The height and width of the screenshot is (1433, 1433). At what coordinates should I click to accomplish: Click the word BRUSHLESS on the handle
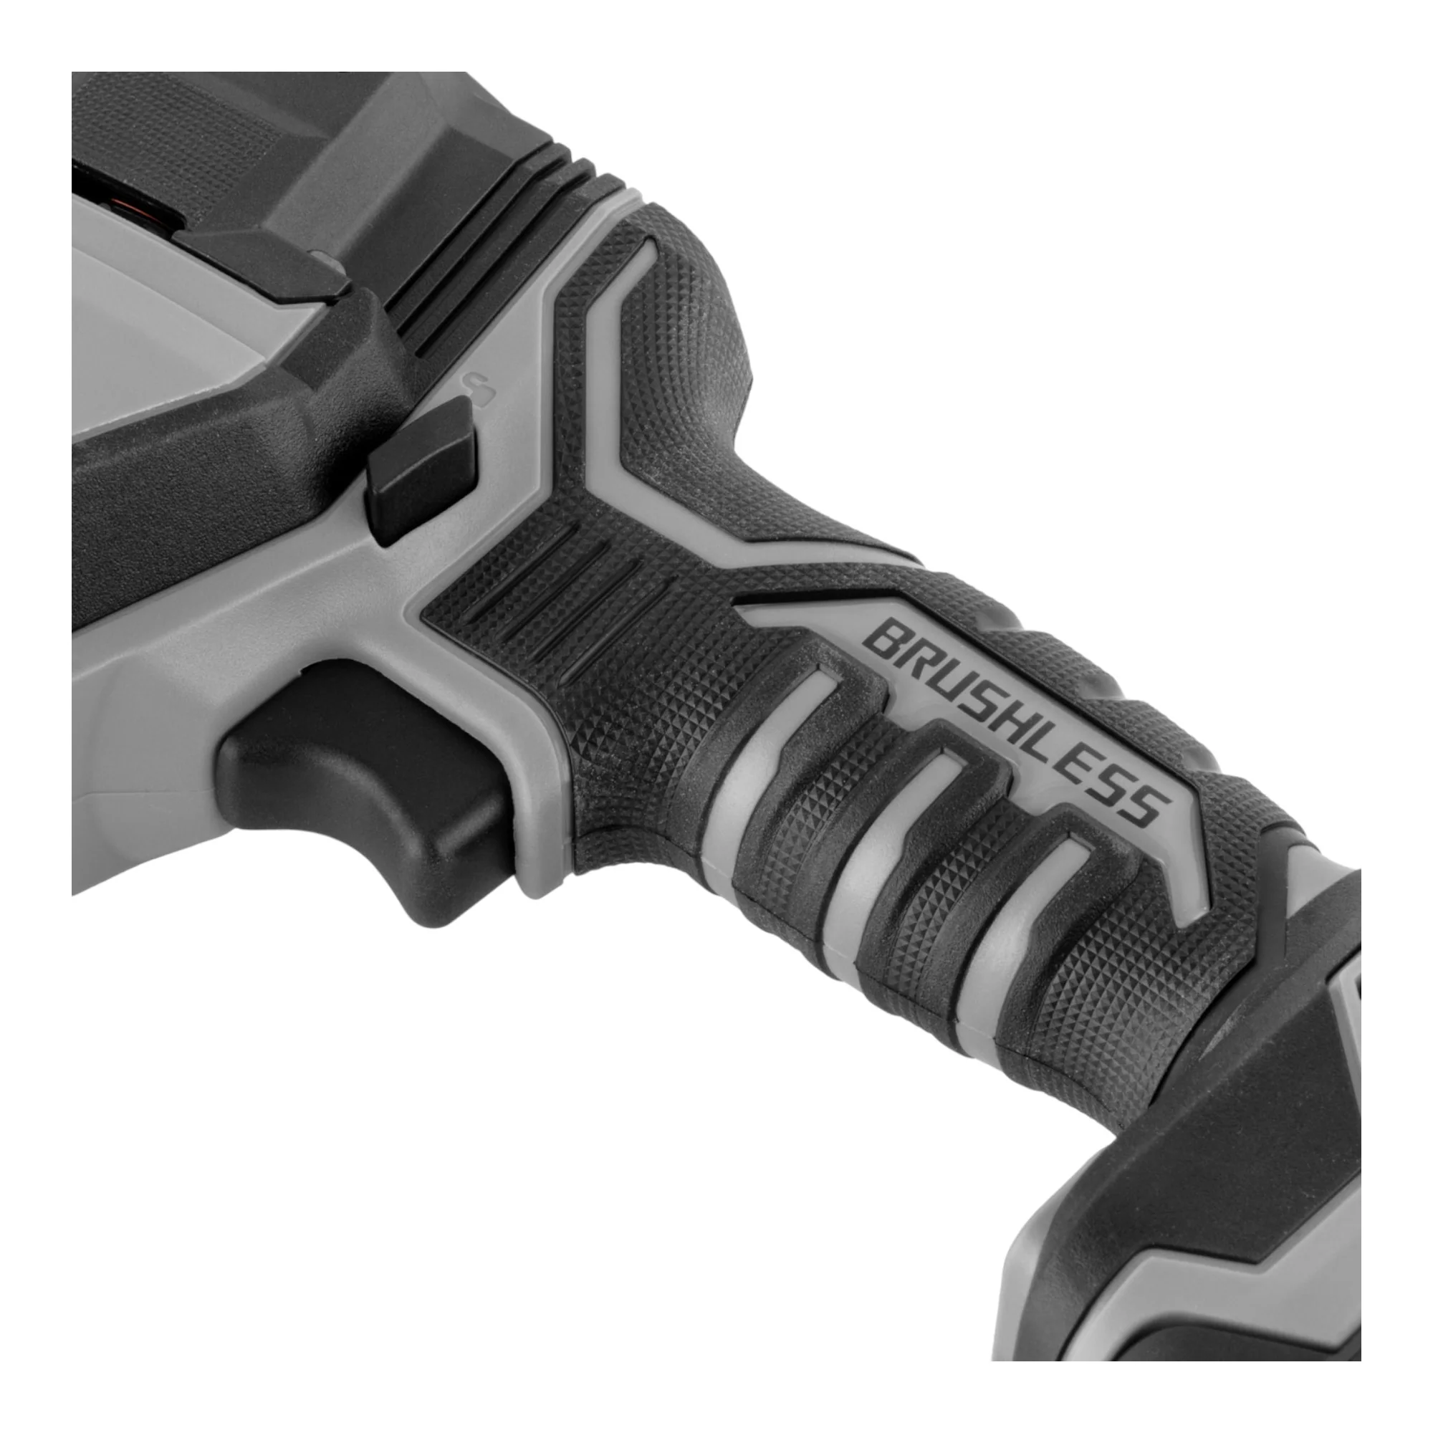click(1016, 724)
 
